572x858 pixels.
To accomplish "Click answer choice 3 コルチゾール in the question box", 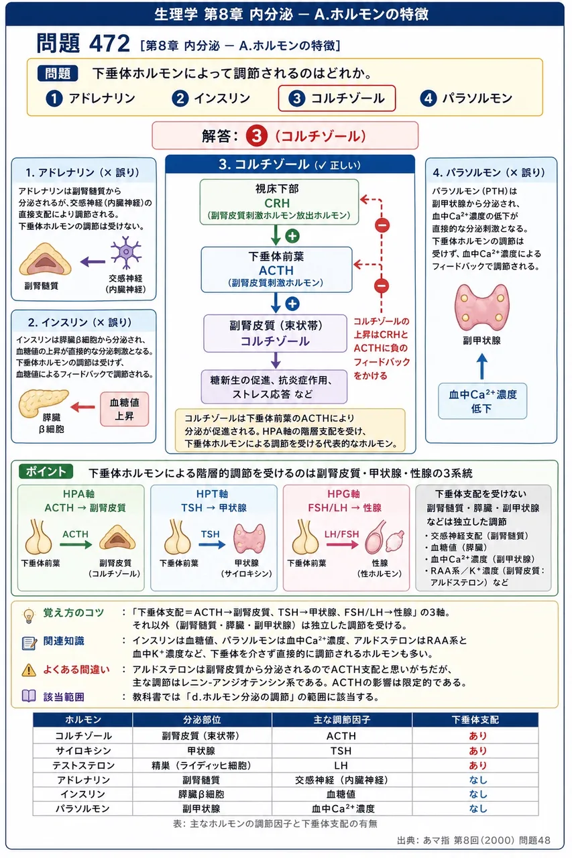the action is (x=337, y=99).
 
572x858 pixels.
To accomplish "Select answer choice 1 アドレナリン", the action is (x=91, y=99).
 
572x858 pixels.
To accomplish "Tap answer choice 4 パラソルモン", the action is (x=466, y=99).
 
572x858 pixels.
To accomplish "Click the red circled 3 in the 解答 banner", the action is (x=256, y=136).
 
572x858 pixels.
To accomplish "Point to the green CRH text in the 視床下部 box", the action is (x=277, y=203).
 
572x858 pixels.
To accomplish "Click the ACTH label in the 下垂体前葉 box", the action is (x=276, y=270).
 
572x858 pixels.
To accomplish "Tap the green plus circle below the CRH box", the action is (x=292, y=236).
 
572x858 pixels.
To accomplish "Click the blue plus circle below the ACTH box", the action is (x=292, y=304).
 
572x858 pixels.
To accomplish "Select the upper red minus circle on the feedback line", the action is (x=382, y=225).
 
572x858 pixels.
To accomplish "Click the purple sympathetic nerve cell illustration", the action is (x=125, y=253).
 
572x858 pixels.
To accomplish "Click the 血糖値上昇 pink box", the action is (x=125, y=409).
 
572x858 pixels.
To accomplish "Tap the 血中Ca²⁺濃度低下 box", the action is (x=482, y=401).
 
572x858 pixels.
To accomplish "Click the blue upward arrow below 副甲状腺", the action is (x=482, y=366).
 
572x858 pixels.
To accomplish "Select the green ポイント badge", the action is (x=46, y=471).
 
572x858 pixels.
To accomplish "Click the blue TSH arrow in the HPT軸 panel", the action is (x=212, y=544).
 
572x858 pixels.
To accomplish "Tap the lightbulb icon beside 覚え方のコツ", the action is (x=29, y=616).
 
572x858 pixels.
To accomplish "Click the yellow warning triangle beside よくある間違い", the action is (x=29, y=670).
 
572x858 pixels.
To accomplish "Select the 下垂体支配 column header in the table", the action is (x=475, y=720).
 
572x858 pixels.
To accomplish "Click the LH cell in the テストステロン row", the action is (x=341, y=765).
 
